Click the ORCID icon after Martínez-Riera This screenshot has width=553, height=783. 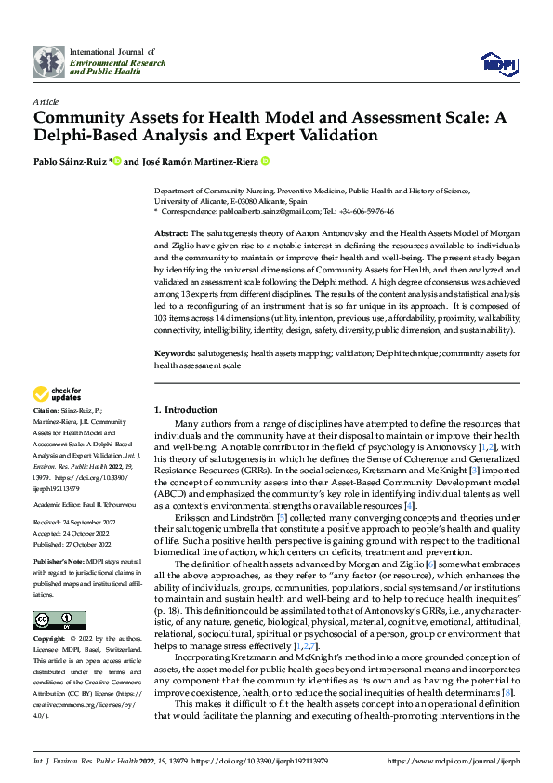[265, 161]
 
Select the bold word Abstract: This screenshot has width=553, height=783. [171, 232]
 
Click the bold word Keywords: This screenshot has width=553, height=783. [175, 354]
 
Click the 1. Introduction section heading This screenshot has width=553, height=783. [186, 409]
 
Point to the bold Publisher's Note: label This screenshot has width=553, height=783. [58, 564]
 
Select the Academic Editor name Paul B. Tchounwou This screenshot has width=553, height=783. [107, 502]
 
